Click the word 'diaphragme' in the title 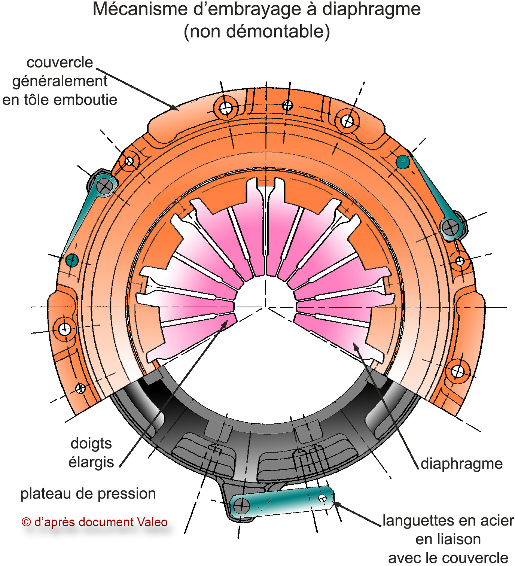tap(371, 9)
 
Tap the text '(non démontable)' tap(257, 31)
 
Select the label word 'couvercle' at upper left tap(60, 63)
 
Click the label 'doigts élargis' tap(91, 453)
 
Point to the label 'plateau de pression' tap(88, 494)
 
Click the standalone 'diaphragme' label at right tap(461, 463)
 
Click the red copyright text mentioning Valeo tap(95, 522)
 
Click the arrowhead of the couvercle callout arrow tap(175, 108)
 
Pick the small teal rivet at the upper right tap(403, 162)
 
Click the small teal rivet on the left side tap(71, 260)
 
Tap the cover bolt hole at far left tap(64, 329)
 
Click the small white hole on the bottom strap tap(322, 498)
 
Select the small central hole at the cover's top tap(287, 105)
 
